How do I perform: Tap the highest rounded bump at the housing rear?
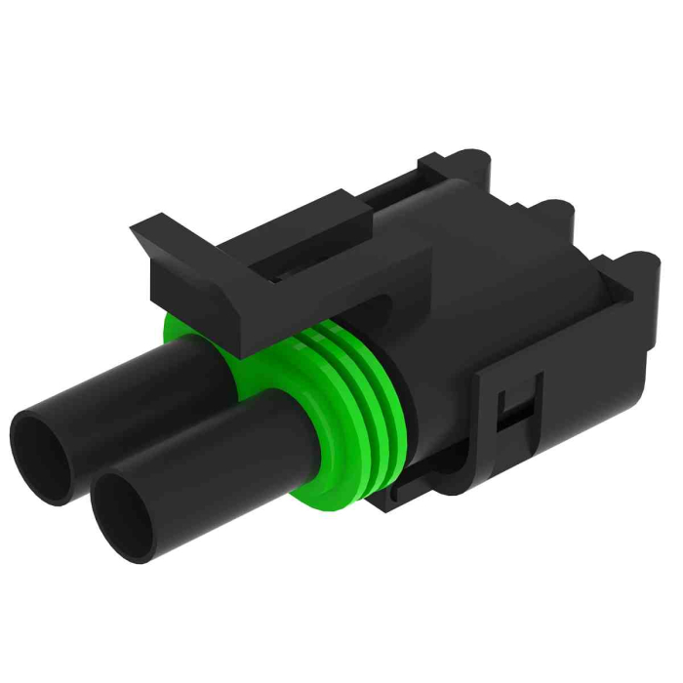(469, 160)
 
